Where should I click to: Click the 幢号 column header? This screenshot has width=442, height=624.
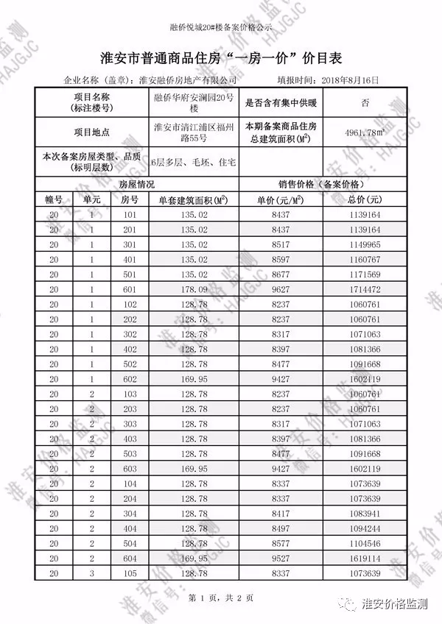(55, 199)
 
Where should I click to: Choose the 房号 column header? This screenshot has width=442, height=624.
(130, 199)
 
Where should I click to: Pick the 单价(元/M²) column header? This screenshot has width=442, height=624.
(281, 199)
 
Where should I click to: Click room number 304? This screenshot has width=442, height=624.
(130, 513)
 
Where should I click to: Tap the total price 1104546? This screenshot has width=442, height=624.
(366, 543)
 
